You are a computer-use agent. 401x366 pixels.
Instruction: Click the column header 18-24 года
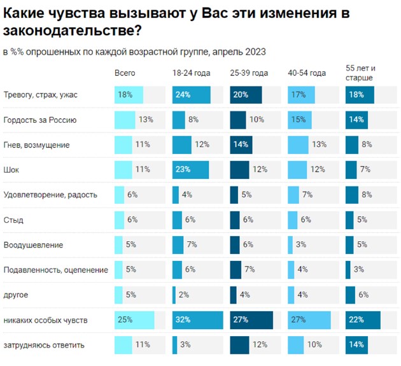pos(189,73)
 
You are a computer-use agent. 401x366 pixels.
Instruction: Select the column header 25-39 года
pos(249,73)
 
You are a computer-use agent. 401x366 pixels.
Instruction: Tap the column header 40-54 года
pos(307,73)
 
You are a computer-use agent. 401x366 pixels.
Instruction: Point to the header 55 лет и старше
pos(361,73)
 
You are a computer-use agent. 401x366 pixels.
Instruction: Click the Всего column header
pos(125,73)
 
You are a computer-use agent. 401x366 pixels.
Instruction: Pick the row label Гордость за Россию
pos(40,120)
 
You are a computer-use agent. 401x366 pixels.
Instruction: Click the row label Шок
pos(11,169)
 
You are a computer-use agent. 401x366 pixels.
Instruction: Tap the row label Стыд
pos(13,220)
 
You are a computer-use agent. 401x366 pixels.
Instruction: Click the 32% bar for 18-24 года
pos(197,320)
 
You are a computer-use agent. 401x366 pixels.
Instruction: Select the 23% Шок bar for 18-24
pos(190,169)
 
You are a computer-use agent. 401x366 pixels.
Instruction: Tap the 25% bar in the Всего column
pos(134,320)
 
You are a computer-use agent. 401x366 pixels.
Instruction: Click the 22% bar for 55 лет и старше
pos(362,320)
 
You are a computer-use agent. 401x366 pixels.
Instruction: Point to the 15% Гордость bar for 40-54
pos(299,120)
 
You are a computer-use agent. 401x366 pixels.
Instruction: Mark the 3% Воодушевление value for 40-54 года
pos(301,244)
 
